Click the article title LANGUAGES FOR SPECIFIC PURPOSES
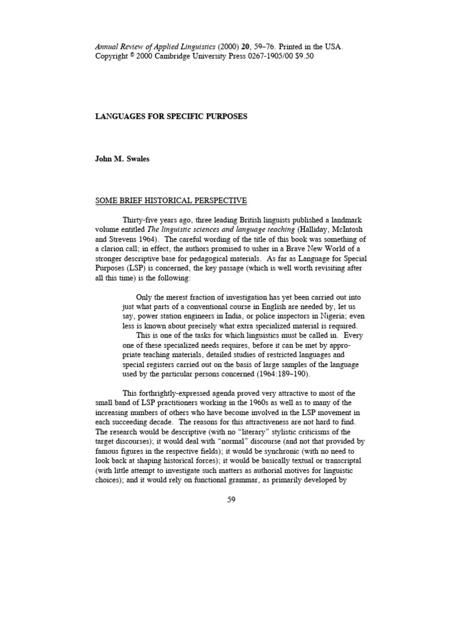point(172,116)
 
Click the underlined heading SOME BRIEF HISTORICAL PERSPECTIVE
point(171,201)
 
